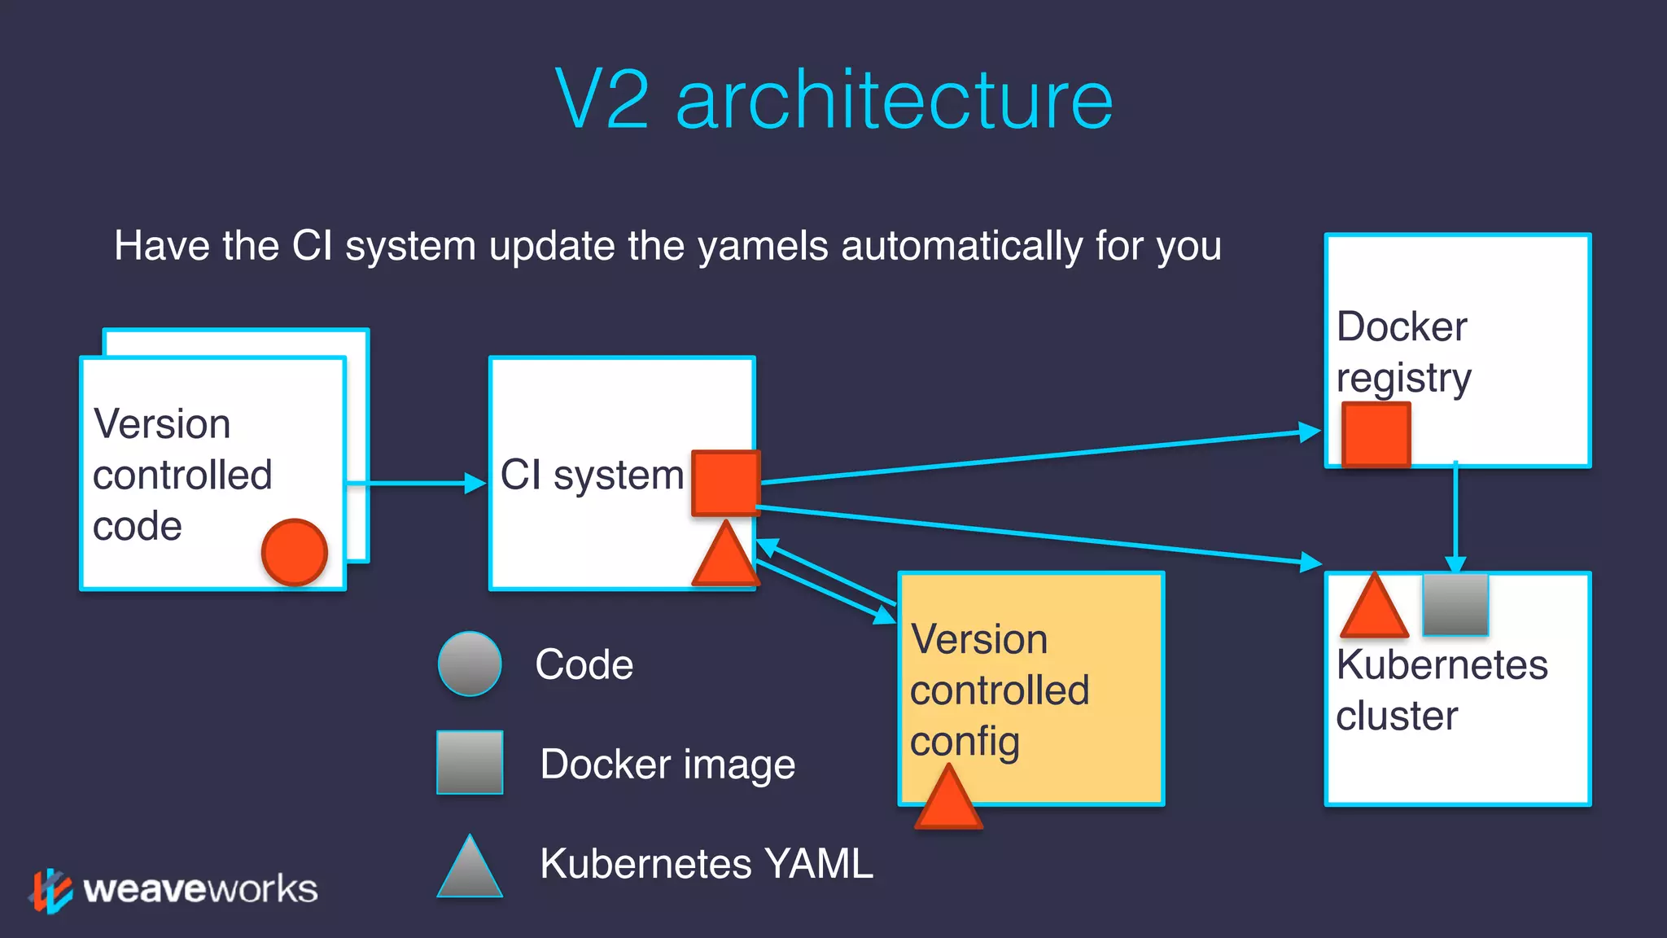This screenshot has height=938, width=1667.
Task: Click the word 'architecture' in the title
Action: tap(894, 101)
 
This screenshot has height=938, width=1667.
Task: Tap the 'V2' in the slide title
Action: tap(602, 101)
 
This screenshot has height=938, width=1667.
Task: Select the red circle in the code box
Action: tap(295, 552)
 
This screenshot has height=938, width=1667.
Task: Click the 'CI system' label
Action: tap(592, 475)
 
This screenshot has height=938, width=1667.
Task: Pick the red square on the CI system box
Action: tap(724, 483)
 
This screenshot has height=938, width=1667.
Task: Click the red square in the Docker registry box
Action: tap(1376, 434)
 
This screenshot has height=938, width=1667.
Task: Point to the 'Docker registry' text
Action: tap(1403, 352)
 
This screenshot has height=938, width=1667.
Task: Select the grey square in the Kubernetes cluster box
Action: tap(1455, 604)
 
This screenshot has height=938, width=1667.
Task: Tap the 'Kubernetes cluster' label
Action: tap(1441, 690)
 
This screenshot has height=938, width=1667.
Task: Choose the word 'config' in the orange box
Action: tap(965, 741)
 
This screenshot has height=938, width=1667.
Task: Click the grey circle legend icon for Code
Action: tap(470, 664)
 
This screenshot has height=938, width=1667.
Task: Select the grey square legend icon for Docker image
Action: tap(470, 762)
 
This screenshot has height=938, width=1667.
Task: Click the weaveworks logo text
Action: tap(200, 889)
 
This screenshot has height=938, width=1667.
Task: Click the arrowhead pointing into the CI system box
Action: tap(475, 483)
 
